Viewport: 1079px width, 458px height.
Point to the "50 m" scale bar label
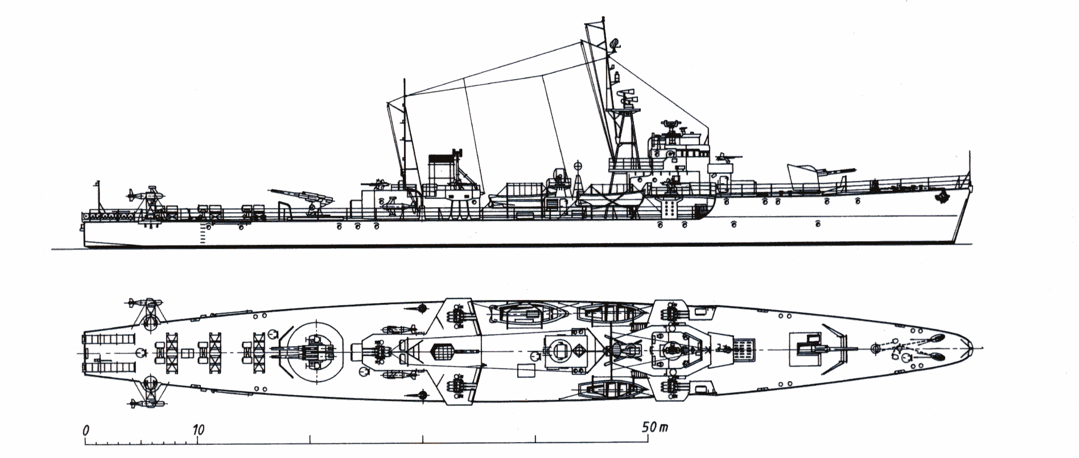(653, 427)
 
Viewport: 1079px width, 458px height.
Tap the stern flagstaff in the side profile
(97, 197)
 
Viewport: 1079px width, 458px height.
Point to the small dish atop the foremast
(613, 43)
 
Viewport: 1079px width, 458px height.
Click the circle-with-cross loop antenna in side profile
(579, 166)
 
